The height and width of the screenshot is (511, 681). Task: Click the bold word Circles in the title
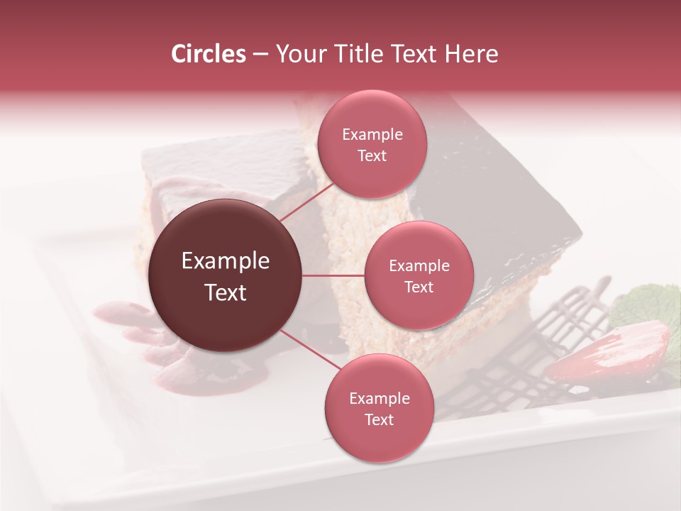pyautogui.click(x=208, y=54)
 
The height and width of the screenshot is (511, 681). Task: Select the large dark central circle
pyautogui.click(x=226, y=275)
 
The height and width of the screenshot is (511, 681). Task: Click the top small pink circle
pyautogui.click(x=372, y=145)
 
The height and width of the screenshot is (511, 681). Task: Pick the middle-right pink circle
pyautogui.click(x=419, y=275)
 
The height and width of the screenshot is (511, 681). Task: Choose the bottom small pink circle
pyautogui.click(x=379, y=408)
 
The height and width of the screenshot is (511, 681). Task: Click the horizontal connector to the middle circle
pyautogui.click(x=333, y=275)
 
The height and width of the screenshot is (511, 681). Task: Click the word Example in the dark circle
pyautogui.click(x=226, y=261)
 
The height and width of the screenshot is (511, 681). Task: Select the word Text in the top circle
pyautogui.click(x=372, y=156)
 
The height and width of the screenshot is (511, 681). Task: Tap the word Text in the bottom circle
pyautogui.click(x=379, y=420)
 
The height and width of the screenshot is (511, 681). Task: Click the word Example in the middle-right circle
pyautogui.click(x=419, y=266)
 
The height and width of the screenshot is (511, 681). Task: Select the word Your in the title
pyautogui.click(x=298, y=54)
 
